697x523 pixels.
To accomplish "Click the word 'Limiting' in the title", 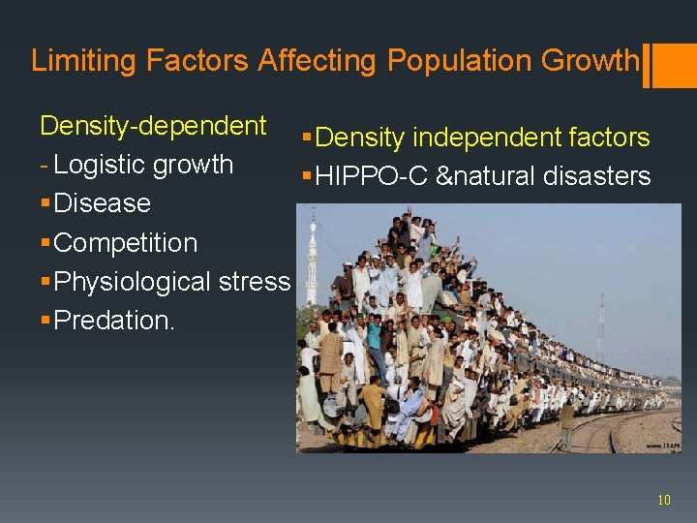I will (84, 61).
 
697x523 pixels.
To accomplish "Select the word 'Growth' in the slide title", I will (590, 61).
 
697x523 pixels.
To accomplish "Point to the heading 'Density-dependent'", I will (153, 126).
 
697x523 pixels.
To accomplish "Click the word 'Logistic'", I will (96, 165).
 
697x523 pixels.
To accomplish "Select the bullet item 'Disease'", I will (103, 203).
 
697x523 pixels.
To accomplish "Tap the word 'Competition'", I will (126, 242).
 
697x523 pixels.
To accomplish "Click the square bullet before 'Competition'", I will (45, 242).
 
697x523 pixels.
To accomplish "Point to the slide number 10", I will (663, 500).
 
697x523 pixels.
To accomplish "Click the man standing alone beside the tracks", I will (566, 422).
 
